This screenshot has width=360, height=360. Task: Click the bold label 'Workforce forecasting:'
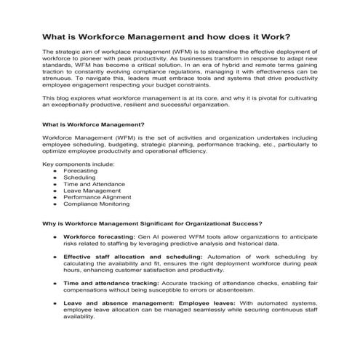click(97, 237)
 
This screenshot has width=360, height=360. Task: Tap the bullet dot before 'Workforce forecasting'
click(55, 237)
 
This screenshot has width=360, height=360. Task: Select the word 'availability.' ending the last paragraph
click(79, 316)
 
